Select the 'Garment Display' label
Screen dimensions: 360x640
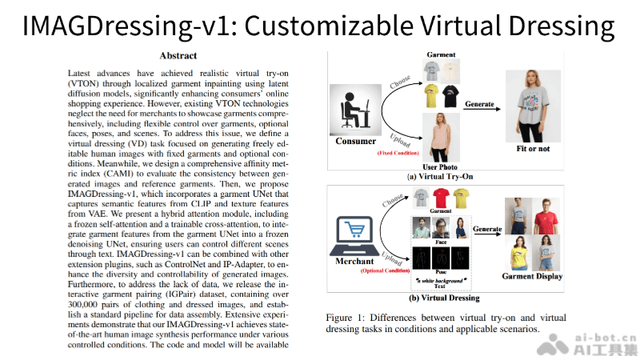(x=532, y=277)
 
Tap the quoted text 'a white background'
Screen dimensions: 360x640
(x=440, y=280)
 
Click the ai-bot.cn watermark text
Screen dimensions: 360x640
(x=607, y=337)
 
